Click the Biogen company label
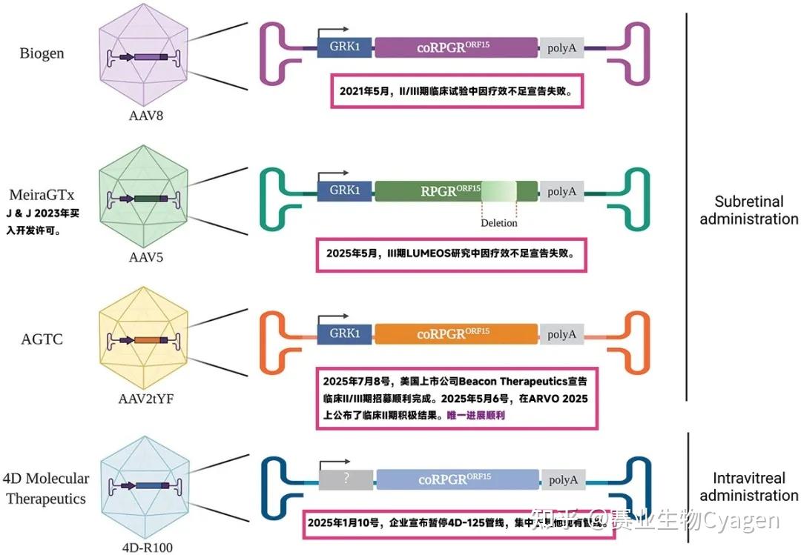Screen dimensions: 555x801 [42, 53]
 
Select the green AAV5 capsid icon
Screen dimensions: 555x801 [142, 199]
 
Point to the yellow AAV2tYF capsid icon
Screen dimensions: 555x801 [142, 340]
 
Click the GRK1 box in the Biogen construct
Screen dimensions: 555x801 [345, 48]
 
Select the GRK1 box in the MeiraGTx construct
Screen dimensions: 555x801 [345, 191]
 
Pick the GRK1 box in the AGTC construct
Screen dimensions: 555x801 [345, 334]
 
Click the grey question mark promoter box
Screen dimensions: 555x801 [346, 479]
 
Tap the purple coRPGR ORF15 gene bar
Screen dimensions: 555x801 [456, 48]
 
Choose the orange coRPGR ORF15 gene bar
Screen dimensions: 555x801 [456, 334]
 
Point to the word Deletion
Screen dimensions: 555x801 [498, 223]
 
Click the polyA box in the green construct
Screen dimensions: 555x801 [561, 191]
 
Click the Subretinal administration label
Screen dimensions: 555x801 [748, 210]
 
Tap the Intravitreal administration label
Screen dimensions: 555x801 [748, 486]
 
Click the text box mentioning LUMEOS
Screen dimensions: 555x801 [451, 253]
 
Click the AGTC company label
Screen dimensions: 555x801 [42, 339]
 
